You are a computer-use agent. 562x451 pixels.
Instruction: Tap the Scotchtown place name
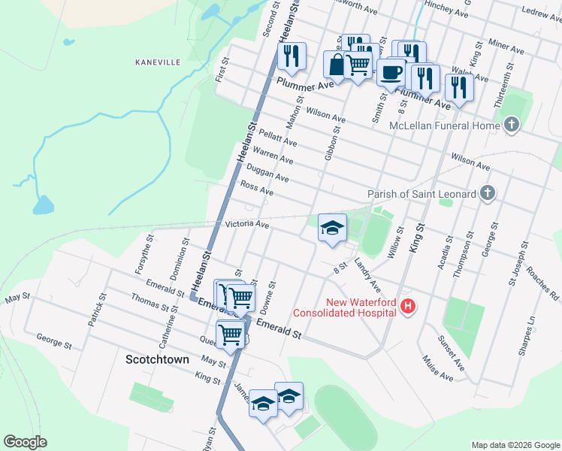pyautogui.click(x=157, y=359)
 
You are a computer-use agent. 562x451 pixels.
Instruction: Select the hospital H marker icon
pyautogui.click(x=407, y=306)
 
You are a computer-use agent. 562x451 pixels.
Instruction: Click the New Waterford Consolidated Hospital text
pyautogui.click(x=344, y=307)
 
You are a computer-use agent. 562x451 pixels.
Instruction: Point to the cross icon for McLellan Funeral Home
pyautogui.click(x=512, y=125)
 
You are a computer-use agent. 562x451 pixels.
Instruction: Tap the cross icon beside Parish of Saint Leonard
pyautogui.click(x=487, y=194)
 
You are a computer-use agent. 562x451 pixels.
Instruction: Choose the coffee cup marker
pyautogui.click(x=390, y=72)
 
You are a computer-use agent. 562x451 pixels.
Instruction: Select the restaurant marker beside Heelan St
pyautogui.click(x=290, y=55)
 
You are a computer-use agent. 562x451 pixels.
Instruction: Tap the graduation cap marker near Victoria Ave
pyautogui.click(x=331, y=228)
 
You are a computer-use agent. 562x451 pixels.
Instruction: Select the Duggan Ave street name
pyautogui.click(x=268, y=174)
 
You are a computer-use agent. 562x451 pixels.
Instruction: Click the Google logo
pyautogui.click(x=26, y=442)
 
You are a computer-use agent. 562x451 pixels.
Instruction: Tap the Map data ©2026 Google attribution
pyautogui.click(x=515, y=445)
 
